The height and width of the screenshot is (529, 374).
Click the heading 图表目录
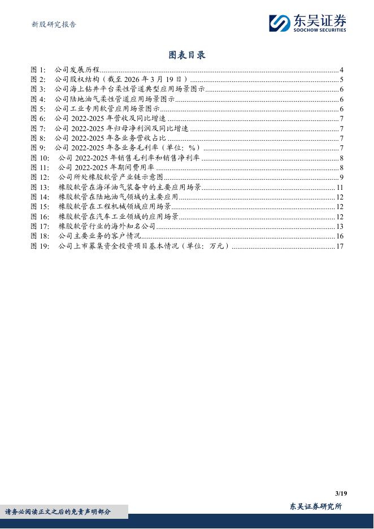187,55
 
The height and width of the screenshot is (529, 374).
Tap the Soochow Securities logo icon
279,23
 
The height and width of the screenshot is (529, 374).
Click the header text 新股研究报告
53,24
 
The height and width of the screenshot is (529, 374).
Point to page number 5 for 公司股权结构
342,80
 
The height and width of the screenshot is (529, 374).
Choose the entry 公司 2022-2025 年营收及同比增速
110,119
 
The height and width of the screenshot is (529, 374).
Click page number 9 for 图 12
342,177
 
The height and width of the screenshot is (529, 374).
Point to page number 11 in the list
340,187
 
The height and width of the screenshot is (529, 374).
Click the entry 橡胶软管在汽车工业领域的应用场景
119,216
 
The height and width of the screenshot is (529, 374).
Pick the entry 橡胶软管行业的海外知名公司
107,226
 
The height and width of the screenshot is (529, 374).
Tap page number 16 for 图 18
340,236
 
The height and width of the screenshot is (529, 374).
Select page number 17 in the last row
340,246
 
